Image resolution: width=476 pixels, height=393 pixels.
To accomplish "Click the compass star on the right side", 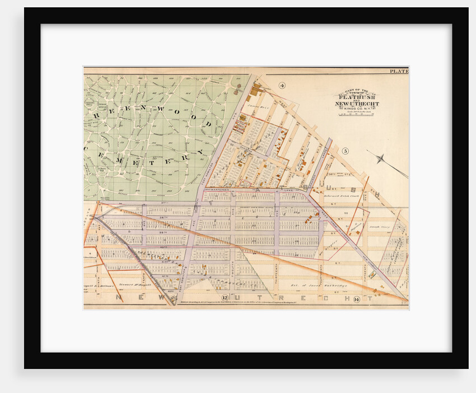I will pos(381,159).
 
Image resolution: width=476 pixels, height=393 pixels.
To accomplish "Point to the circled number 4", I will pos(282,86).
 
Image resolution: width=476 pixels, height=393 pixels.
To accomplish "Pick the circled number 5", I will pos(346,151).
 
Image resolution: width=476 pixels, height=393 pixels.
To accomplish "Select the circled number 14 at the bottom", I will pos(371,299).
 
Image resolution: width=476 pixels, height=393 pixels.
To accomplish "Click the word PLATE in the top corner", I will pos(399,71).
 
